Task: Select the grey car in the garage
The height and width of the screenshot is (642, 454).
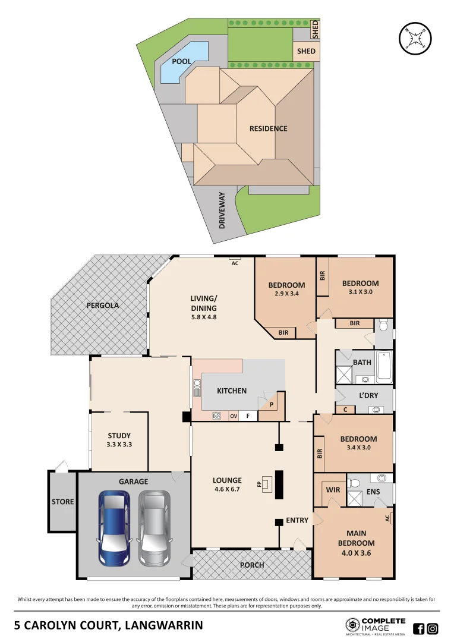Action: pos(154,528)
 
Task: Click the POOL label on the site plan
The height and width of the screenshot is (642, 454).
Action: pos(181,61)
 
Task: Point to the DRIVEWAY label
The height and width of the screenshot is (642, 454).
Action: pos(222,210)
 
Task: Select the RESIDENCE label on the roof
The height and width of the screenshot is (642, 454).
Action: pos(268,128)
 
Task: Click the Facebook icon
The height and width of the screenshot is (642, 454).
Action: pos(418,628)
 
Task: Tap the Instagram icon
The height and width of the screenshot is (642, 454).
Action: pos(433,628)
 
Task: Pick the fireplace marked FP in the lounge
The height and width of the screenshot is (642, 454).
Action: pos(269,484)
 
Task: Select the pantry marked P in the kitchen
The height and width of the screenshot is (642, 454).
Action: pos(271,405)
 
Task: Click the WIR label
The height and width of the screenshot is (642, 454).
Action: pos(332,490)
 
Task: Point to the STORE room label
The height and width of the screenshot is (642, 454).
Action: pos(62,502)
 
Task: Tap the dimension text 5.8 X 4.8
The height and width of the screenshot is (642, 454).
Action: pos(203,317)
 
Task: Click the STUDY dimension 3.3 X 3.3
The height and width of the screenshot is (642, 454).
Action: pos(119,444)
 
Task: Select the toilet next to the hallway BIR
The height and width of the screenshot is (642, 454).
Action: pos(383,326)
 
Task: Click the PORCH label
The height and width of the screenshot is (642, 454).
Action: pos(252,565)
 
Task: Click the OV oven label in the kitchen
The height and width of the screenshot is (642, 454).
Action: pos(234,416)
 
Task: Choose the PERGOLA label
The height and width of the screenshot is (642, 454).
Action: pos(103,305)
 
